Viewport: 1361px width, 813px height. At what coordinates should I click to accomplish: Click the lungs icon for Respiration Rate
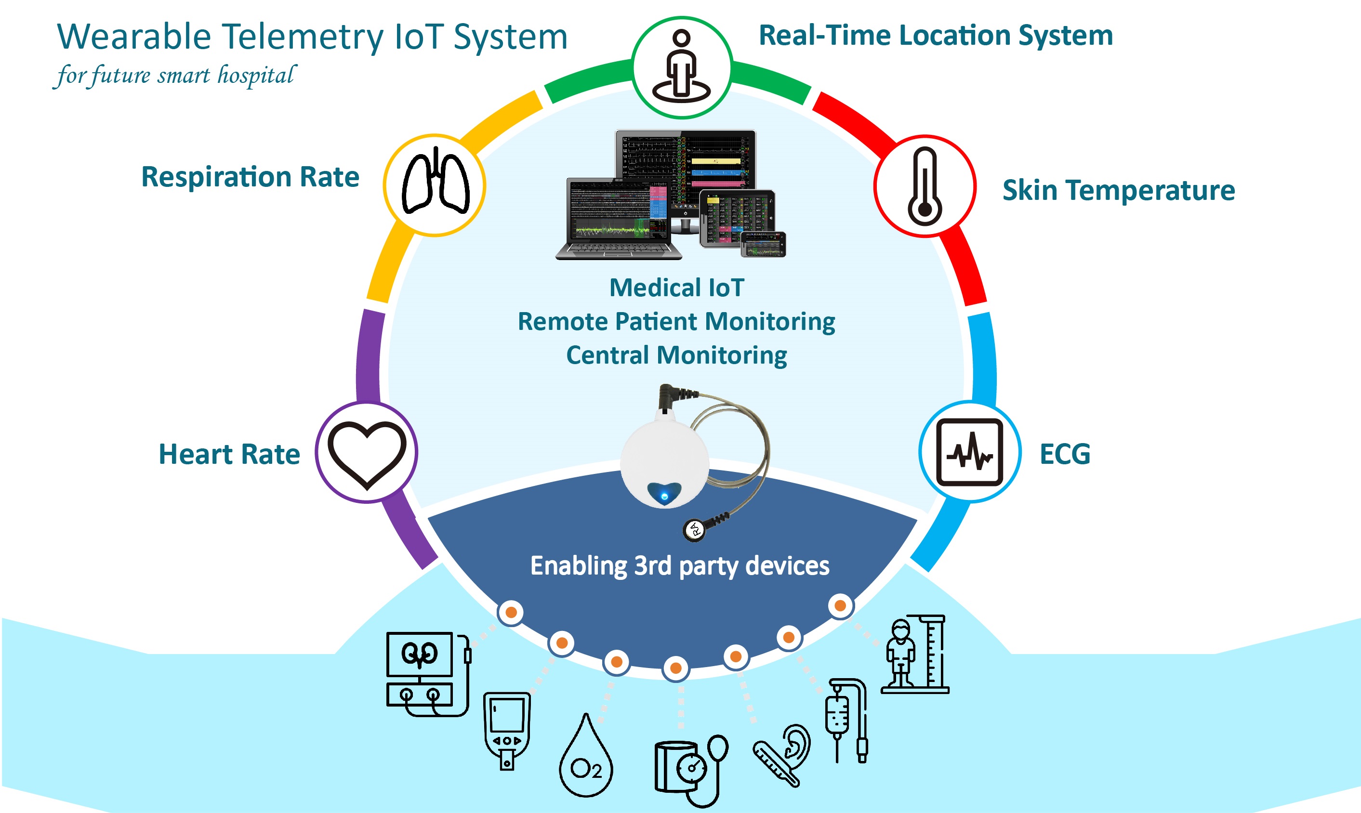[436, 184]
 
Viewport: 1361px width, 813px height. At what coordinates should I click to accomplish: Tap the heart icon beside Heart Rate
[367, 453]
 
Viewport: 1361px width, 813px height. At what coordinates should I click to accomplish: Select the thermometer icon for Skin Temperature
[925, 186]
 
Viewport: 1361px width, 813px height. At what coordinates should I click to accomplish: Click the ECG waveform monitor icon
[969, 452]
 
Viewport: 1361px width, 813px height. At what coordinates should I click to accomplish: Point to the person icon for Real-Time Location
[681, 67]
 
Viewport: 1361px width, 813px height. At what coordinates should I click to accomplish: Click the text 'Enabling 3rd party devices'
[679, 566]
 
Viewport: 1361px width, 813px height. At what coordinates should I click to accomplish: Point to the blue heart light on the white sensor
[664, 495]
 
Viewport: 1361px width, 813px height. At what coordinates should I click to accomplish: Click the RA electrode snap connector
[694, 529]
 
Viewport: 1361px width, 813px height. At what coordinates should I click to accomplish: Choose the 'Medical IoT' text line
[677, 288]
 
